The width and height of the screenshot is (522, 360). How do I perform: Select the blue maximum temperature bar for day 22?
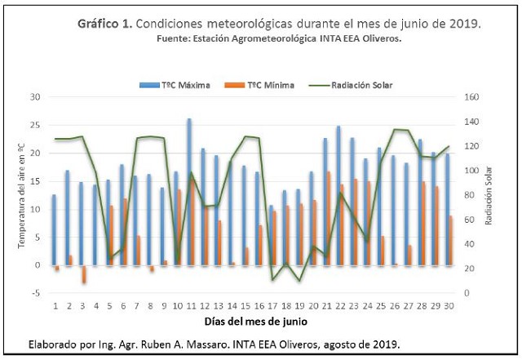pyautogui.click(x=338, y=196)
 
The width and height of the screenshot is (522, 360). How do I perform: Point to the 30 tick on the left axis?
pyautogui.click(x=35, y=97)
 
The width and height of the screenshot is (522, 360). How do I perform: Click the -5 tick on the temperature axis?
pyautogui.click(x=36, y=293)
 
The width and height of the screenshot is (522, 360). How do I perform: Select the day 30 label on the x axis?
pyautogui.click(x=450, y=305)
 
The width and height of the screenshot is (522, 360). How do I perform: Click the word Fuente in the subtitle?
pyautogui.click(x=174, y=38)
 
